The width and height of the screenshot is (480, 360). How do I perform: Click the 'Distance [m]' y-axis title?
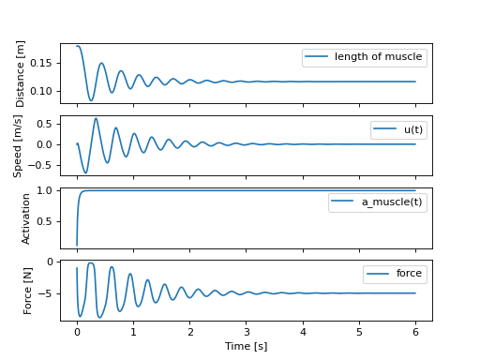22,74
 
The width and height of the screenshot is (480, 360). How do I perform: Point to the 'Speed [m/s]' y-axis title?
18,146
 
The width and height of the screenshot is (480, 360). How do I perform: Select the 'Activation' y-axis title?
27,218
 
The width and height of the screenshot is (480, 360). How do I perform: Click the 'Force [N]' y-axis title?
29,291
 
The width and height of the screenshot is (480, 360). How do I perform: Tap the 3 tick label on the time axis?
247,331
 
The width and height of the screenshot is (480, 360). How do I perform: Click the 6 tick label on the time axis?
415,331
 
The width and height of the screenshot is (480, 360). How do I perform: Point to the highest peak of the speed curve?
96,118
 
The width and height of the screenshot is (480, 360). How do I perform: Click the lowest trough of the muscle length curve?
91,100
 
